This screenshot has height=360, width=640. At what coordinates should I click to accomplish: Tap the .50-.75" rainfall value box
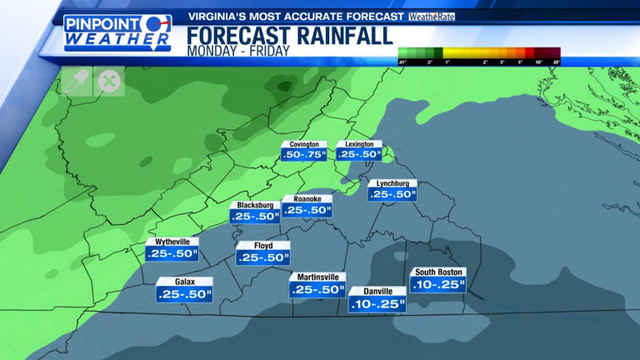(303, 154)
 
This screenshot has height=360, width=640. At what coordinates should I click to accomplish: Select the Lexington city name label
(359, 144)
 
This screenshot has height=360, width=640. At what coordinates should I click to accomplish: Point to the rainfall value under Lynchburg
(392, 194)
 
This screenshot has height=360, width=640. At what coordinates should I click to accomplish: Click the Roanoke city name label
(307, 199)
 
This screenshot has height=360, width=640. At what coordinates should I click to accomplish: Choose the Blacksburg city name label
(255, 205)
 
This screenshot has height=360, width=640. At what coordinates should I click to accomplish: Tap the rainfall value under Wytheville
(172, 253)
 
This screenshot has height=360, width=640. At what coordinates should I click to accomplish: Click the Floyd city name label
(262, 246)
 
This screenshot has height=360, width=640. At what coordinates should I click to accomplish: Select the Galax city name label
(185, 282)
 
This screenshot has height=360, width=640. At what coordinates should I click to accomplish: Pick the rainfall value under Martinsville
(317, 290)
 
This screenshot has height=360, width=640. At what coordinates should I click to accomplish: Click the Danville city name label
(377, 292)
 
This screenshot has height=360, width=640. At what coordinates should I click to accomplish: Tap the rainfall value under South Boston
(437, 285)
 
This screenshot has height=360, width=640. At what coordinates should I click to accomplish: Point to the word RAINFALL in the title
(342, 36)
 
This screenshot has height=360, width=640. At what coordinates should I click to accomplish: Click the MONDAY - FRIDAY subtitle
(237, 51)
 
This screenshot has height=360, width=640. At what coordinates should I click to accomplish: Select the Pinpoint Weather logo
(117, 32)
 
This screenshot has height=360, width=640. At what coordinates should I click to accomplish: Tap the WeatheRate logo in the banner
(432, 16)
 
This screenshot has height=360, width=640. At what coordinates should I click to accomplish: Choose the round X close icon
(108, 81)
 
